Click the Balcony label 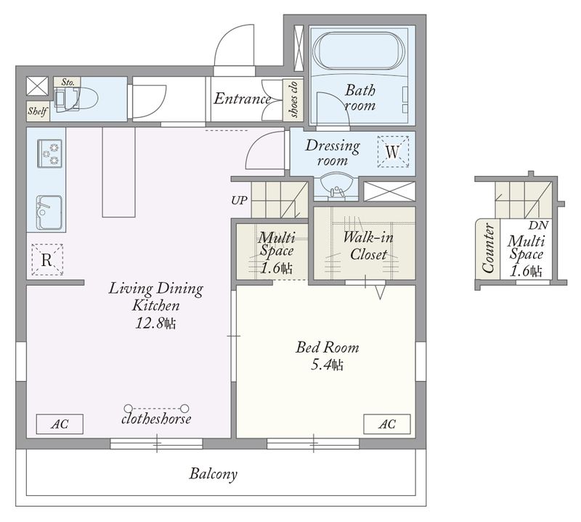click(213, 474)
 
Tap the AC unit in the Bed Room click(387, 424)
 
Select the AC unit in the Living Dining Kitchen click(60, 424)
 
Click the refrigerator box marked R click(46, 260)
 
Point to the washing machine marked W click(393, 152)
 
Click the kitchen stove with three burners click(49, 153)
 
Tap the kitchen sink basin click(49, 212)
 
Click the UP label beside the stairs click(239, 201)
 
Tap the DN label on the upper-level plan click(538, 225)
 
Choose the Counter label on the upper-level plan click(488, 248)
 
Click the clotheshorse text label click(156, 419)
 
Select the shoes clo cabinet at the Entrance click(293, 100)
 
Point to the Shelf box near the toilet click(38, 111)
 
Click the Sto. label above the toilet click(68, 82)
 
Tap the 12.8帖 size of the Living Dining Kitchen click(155, 324)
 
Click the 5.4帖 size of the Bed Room click(327, 365)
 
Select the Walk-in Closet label click(368, 246)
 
